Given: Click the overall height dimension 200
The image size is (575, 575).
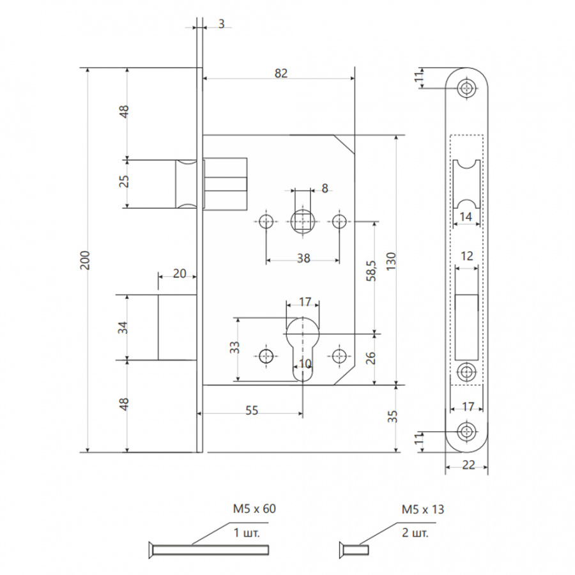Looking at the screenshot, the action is click(85, 261).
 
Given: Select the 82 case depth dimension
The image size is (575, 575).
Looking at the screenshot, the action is click(281, 73).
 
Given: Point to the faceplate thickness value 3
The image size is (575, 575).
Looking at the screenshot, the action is click(221, 24).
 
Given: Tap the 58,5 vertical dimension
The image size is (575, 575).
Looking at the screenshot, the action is click(371, 271).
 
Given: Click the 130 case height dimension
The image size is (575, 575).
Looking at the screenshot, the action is click(391, 261).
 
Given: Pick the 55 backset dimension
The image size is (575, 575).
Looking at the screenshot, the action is click(252, 410).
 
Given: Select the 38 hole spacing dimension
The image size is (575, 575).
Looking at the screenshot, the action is click(303, 259).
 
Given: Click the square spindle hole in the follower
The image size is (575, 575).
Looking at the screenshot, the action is click(303, 222).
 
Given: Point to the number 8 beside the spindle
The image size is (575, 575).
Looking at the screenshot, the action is click(325, 188).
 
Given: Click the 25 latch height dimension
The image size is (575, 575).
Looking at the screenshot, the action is click(124, 181).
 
